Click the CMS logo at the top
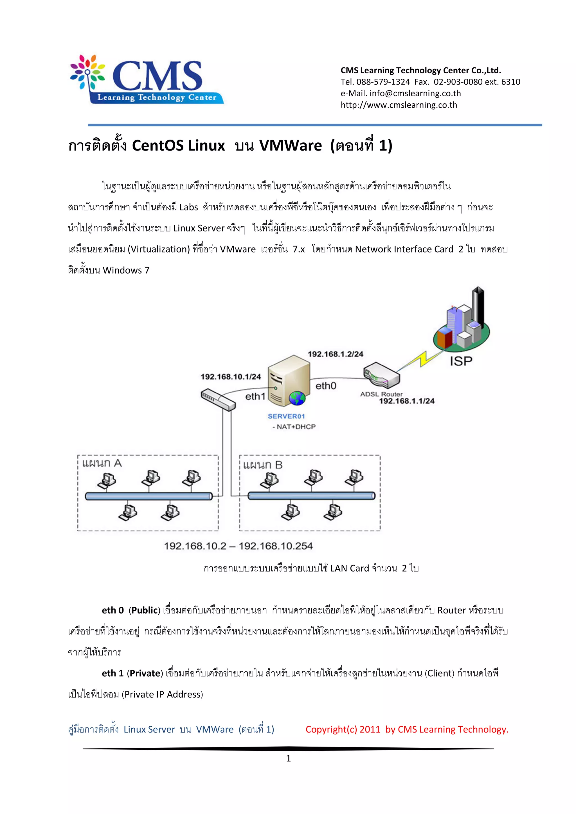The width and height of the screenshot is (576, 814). [x=147, y=79]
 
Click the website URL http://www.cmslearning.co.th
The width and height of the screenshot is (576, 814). [x=399, y=105]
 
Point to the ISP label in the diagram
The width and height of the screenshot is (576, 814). [x=461, y=361]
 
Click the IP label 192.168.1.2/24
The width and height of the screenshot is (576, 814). [x=335, y=354]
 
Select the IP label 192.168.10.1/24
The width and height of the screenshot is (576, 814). [x=231, y=376]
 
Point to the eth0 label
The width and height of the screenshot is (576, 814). [x=326, y=386]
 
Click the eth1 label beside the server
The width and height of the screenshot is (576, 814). [x=255, y=396]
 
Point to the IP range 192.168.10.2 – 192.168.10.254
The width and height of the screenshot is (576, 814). [x=238, y=546]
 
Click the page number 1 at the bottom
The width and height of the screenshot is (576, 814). [x=288, y=758]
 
